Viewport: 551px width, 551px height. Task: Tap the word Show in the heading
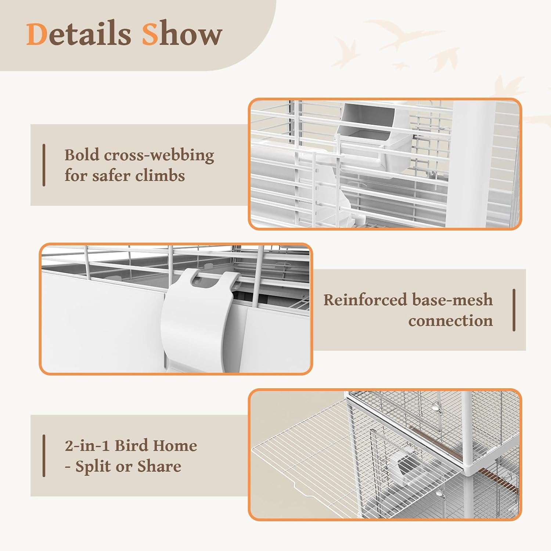[182, 34]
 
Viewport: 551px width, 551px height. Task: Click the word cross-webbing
[159, 155]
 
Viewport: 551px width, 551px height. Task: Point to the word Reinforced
[365, 300]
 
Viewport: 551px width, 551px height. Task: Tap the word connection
[450, 321]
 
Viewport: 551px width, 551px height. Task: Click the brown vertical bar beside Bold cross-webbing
[44, 165]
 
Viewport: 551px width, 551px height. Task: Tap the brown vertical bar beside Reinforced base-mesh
[514, 310]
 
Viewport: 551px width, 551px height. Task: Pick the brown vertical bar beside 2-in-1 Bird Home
[44, 456]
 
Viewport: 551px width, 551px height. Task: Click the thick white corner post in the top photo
[470, 163]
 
